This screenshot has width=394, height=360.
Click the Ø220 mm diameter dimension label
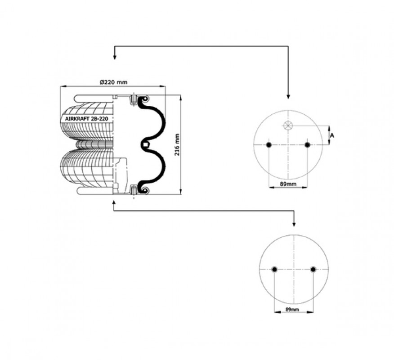[x=113, y=82]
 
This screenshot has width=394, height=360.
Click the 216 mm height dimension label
[x=177, y=144]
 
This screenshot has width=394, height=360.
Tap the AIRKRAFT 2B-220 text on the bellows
[x=86, y=119]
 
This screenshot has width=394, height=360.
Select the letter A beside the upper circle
[x=332, y=135]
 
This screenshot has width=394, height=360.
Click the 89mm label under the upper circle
[x=288, y=184]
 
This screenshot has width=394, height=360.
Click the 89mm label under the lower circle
[x=292, y=310]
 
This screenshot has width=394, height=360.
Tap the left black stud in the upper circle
[x=269, y=145]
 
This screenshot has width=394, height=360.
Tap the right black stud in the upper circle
[x=307, y=145]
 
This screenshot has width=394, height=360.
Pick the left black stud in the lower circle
[x=274, y=270]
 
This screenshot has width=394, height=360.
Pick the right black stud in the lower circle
[x=313, y=270]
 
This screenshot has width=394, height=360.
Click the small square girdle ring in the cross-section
[x=145, y=144]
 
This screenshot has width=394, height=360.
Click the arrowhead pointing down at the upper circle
[x=288, y=96]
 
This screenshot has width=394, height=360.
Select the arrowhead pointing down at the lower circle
[x=294, y=224]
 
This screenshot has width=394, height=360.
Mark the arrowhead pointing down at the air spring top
[x=115, y=57]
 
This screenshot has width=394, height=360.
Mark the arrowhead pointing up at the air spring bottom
[x=114, y=202]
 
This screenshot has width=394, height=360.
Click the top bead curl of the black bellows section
[x=144, y=100]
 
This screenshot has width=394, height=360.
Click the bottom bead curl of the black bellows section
[x=144, y=190]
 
